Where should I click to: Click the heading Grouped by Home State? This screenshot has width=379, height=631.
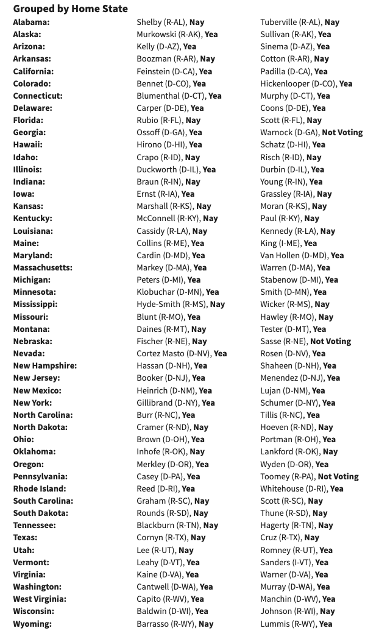click(x=71, y=9)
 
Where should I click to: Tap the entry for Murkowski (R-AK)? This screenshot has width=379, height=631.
click(x=177, y=34)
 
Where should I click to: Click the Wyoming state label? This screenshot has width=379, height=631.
click(x=32, y=624)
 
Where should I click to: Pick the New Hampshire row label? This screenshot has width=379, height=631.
click(x=45, y=365)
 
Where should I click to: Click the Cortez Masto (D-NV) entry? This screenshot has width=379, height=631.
click(x=182, y=353)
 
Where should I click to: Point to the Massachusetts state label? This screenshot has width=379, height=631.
click(x=43, y=267)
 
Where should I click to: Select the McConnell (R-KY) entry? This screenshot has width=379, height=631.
click(x=177, y=218)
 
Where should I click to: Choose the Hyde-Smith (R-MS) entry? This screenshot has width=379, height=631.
click(x=180, y=304)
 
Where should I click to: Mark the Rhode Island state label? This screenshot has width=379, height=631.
click(x=40, y=488)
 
